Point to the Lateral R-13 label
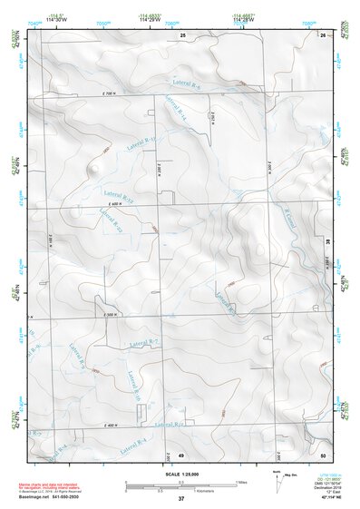click(x=141, y=144)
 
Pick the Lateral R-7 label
click(x=144, y=342)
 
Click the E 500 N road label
click(x=112, y=315)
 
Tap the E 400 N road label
click(x=112, y=426)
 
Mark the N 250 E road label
click(x=212, y=118)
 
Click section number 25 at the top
click(x=182, y=34)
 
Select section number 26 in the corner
click(x=323, y=34)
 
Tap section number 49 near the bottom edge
click(x=180, y=454)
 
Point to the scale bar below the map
click(x=181, y=484)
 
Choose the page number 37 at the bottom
click(x=181, y=499)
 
